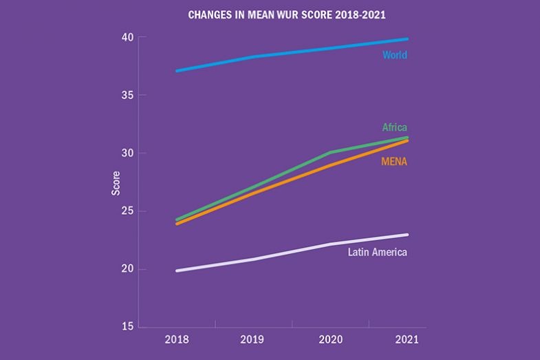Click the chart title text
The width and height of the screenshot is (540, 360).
coord(269,14)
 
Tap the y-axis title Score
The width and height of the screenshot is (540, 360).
coord(116,182)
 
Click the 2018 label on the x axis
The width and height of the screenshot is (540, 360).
coord(177,339)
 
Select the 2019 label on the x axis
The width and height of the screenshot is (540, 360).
coord(253,339)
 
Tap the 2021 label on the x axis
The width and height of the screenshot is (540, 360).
coord(407,339)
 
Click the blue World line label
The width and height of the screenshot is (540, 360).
coord(394,55)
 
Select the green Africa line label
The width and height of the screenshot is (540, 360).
coord(394,127)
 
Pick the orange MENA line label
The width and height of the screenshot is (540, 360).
coord(393,162)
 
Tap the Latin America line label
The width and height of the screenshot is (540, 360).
coord(377,252)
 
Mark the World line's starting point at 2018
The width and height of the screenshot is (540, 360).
coord(177,70)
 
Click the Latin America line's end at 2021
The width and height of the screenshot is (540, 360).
coord(407,235)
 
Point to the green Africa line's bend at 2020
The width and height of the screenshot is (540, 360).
coord(330,152)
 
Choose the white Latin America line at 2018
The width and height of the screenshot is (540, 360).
coord(177,271)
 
